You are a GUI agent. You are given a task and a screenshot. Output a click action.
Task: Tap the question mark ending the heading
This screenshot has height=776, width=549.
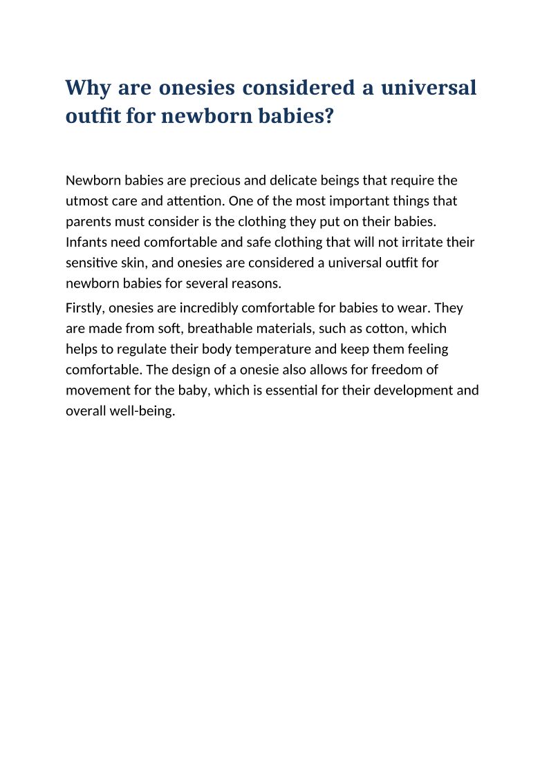328,116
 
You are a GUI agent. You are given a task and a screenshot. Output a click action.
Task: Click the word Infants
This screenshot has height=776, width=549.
86,243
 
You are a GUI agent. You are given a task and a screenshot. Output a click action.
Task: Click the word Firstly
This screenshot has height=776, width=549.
85,307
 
